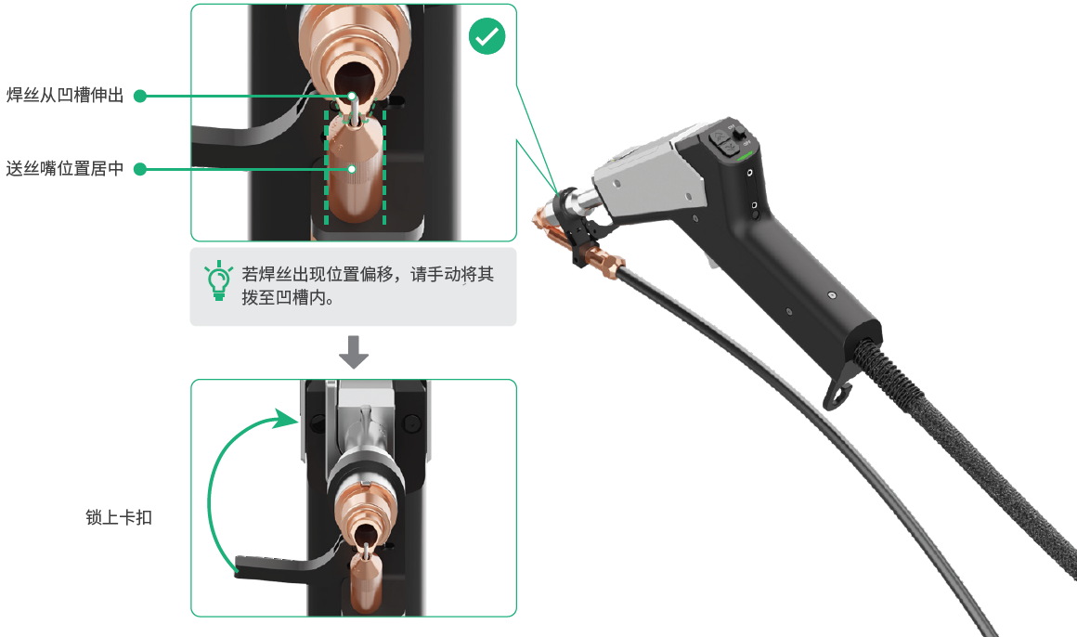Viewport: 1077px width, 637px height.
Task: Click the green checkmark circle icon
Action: (x=487, y=35)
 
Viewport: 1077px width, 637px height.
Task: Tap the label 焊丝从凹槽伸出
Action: (x=65, y=95)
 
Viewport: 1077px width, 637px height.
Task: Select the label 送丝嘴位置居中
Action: (x=65, y=168)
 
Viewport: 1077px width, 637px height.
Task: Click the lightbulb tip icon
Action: (x=218, y=280)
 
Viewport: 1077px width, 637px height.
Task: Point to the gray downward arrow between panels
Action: (x=354, y=352)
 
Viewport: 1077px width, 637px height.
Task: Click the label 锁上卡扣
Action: (x=119, y=517)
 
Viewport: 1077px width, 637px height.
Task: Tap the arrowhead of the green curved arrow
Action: (x=287, y=418)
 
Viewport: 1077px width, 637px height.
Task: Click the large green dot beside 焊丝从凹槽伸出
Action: (x=140, y=97)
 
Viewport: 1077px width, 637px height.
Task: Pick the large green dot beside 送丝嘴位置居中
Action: (x=140, y=169)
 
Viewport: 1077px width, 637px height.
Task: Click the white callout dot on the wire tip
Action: (x=352, y=97)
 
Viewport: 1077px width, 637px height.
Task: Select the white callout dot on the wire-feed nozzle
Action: (x=352, y=169)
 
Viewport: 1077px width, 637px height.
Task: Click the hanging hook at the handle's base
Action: (x=838, y=393)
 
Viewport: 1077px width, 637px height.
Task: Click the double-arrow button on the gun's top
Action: (x=720, y=141)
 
